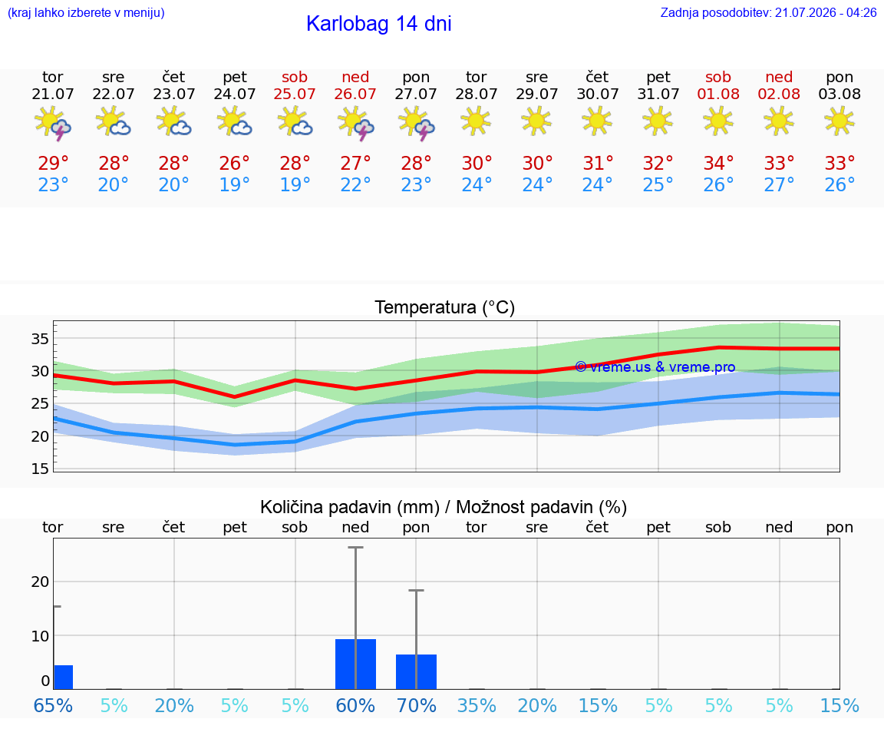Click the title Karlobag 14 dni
[379, 24]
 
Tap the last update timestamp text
[768, 12]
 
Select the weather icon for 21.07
[52, 123]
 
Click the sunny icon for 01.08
[718, 121]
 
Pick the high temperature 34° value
[718, 163]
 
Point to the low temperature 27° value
[779, 184]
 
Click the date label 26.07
[355, 94]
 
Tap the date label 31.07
[658, 94]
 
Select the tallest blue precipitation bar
[356, 664]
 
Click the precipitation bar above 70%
[416, 671]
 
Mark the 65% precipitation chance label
[53, 705]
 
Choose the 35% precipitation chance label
[477, 705]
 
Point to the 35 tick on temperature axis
[40, 339]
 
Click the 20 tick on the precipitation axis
[40, 582]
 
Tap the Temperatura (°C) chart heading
[445, 307]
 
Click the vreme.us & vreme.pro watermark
[655, 367]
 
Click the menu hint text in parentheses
[86, 12]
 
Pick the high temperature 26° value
[234, 163]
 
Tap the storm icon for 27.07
[416, 123]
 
